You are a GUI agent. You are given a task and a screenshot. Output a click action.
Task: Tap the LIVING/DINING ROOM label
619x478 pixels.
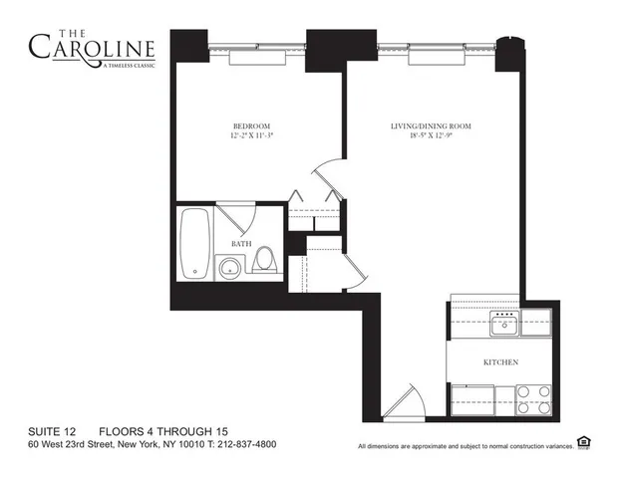(430, 126)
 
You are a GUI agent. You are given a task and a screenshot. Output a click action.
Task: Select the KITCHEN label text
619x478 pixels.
(499, 363)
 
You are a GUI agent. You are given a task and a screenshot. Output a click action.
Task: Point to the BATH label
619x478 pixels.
(241, 244)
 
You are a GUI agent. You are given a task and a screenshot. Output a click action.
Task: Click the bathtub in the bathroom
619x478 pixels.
(195, 243)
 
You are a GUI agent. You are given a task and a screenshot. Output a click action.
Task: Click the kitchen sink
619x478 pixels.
(503, 320)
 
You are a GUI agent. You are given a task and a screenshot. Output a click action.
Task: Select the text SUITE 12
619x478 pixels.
(54, 430)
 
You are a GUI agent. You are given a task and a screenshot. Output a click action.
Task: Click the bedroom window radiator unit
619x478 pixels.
(257, 59)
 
